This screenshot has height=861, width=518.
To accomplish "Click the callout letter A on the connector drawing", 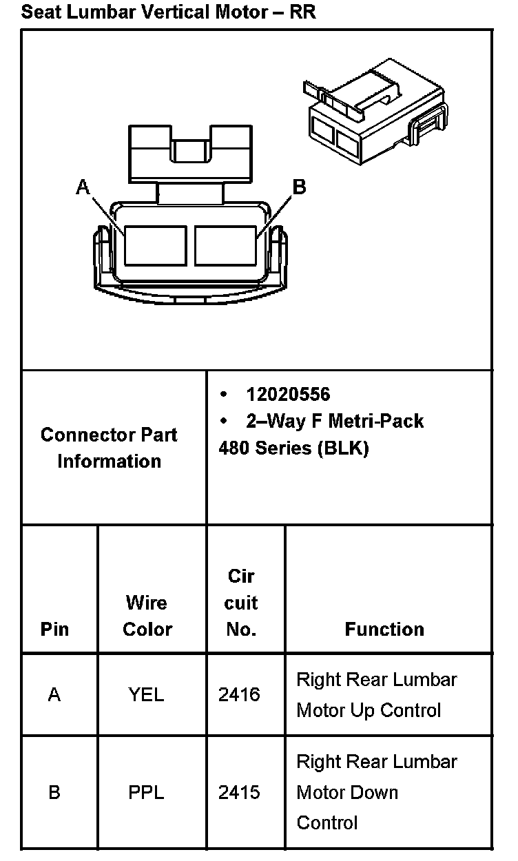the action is point(83,187).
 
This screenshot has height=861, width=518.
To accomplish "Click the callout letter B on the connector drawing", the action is point(299,187).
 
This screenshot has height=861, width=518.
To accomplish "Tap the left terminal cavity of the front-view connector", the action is point(155,245).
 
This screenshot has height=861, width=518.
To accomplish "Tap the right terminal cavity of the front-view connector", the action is point(227,245).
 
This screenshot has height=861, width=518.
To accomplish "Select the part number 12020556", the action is point(288,394).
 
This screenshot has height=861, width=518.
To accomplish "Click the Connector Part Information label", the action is point(109,448).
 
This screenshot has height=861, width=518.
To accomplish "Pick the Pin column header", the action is point(54,629).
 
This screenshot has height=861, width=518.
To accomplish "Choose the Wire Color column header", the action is point(147,616).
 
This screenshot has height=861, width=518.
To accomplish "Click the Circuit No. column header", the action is point(241,603).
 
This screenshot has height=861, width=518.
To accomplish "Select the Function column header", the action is point(384,629).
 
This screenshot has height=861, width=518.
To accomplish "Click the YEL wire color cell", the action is point(146,695).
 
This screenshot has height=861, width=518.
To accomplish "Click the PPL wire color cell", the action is point(146,793).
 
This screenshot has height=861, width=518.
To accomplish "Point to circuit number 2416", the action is point(239,695).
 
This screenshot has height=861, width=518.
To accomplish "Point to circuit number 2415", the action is point(239,793).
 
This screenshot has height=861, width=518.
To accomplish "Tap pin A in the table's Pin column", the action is point(54,695).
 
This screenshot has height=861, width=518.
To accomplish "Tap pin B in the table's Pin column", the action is point(54,793).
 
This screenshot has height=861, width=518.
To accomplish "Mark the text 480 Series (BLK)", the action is point(293,448).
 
